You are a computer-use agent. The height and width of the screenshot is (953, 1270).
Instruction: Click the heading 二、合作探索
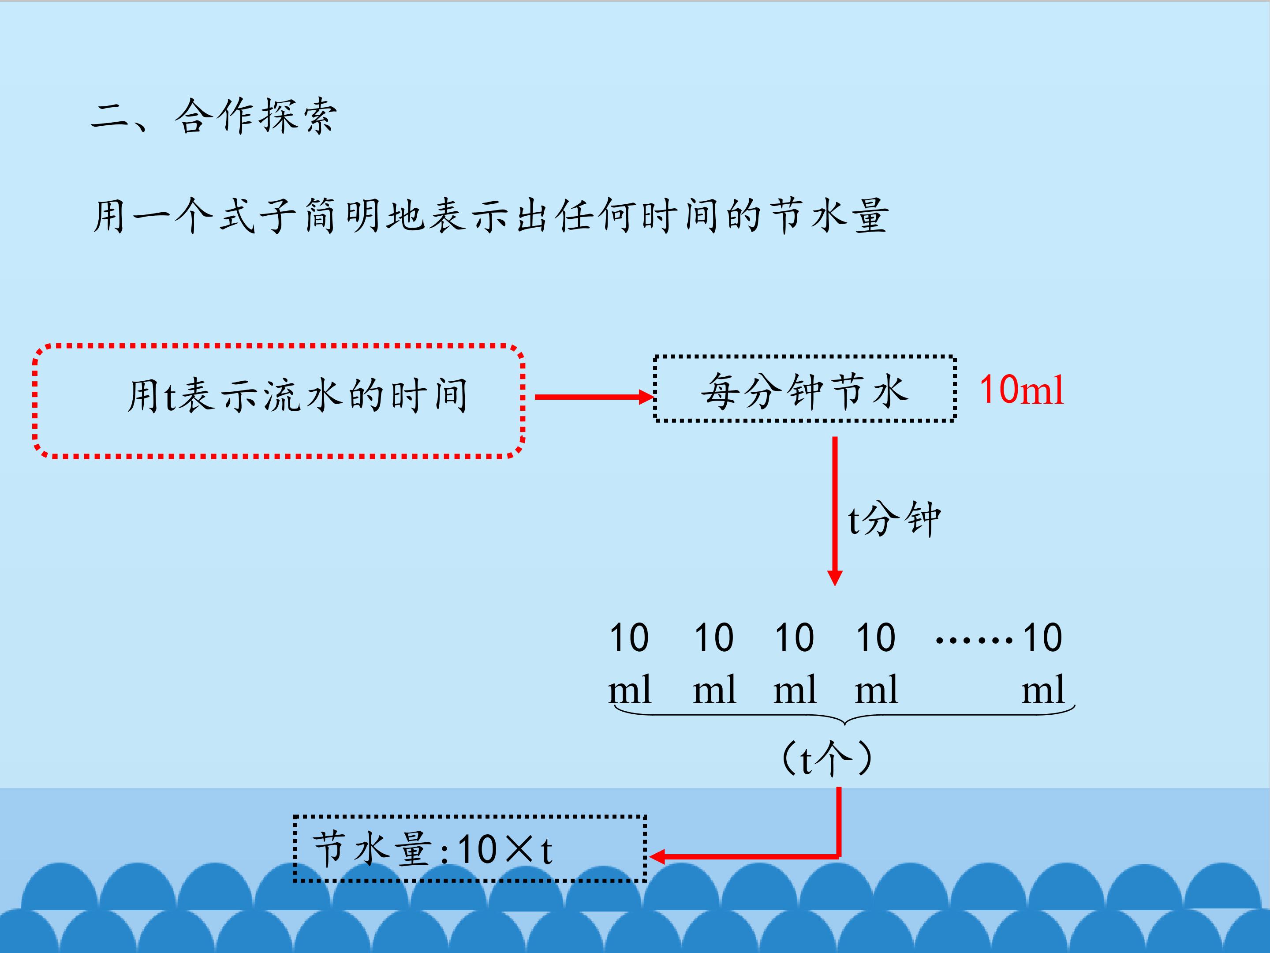click(213, 116)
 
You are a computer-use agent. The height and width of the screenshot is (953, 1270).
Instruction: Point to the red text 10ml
click(1021, 390)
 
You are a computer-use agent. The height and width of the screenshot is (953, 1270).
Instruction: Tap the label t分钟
click(894, 519)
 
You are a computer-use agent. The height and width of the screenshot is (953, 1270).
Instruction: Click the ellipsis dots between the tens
click(974, 639)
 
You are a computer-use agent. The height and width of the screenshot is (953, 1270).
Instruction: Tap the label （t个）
click(827, 758)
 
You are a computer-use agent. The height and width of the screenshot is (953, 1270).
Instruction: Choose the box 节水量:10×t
click(470, 848)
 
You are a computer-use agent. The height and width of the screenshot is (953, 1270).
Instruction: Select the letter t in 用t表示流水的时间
click(169, 398)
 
